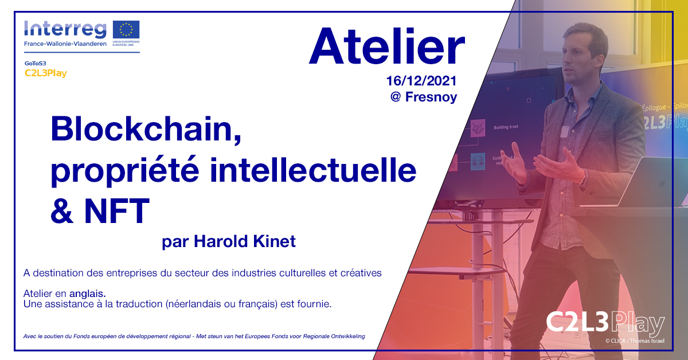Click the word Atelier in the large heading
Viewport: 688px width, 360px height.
click(x=386, y=48)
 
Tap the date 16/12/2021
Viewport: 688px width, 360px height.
click(x=423, y=81)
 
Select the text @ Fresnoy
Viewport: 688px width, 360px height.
click(x=424, y=97)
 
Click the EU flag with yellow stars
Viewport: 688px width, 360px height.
click(x=126, y=29)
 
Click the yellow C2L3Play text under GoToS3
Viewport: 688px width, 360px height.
click(x=46, y=73)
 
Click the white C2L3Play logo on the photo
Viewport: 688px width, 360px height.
click(x=604, y=324)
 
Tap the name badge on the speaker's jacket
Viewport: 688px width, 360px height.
click(x=565, y=131)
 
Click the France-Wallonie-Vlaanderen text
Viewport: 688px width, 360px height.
click(x=65, y=44)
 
